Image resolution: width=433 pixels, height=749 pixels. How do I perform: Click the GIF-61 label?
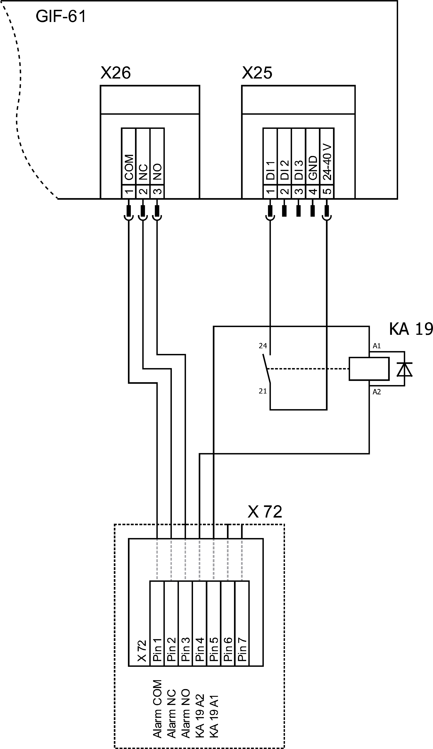[61, 16]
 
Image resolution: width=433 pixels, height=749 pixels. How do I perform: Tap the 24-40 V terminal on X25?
[327, 163]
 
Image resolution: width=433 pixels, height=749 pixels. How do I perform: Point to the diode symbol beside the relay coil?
[405, 369]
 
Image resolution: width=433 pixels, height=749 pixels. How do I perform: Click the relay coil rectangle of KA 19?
[369, 369]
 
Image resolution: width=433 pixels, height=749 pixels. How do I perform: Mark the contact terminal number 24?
[263, 346]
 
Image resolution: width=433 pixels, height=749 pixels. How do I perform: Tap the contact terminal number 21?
[263, 391]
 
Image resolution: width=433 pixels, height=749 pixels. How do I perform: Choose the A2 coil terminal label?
[377, 392]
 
